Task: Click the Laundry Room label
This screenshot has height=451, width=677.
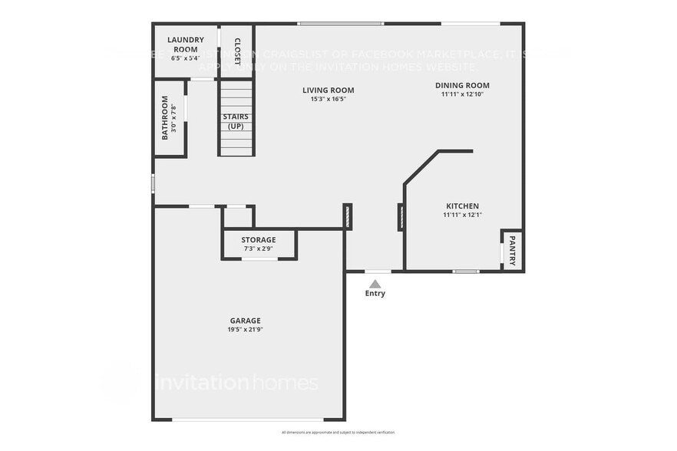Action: pos(185,44)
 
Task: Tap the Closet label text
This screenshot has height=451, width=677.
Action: pos(237,51)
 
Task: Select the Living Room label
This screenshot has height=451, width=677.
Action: pos(328,90)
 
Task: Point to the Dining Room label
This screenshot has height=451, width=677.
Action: pos(462,85)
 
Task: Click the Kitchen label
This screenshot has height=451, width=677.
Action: pos(462,206)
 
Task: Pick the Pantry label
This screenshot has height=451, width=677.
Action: pos(513,250)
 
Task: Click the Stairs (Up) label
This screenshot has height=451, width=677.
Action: pos(236,121)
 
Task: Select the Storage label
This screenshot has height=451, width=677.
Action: pos(258,240)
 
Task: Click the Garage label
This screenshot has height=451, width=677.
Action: pos(246,321)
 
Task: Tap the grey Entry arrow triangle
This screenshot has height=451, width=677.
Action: pos(375,283)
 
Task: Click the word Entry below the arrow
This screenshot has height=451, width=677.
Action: pos(375,294)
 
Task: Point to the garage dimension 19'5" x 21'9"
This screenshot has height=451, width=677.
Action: pos(246,330)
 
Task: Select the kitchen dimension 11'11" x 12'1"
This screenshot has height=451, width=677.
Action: pos(462,215)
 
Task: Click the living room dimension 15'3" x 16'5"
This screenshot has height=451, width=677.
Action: pos(328,99)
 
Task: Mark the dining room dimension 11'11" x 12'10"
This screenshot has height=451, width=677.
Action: pos(462,94)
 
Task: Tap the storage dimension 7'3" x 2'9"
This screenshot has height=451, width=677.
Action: pos(259,249)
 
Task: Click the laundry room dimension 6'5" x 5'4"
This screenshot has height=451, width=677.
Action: pos(185,58)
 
